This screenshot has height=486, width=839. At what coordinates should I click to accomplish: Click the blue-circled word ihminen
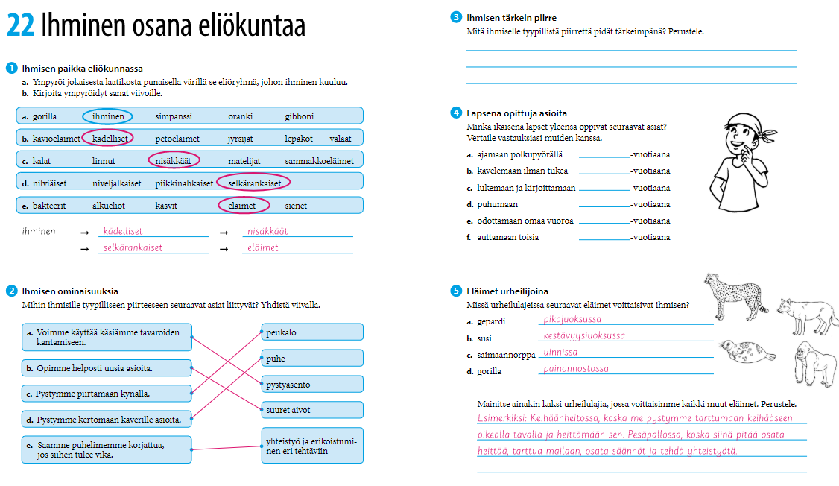click(108, 116)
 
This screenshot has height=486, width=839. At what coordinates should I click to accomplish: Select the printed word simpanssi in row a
click(174, 116)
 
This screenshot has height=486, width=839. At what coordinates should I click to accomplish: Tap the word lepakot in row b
click(299, 138)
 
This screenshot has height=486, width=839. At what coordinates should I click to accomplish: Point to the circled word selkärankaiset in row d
click(254, 183)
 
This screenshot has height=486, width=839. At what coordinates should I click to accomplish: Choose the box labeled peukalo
click(311, 332)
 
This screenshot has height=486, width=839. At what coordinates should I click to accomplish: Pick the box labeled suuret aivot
click(311, 410)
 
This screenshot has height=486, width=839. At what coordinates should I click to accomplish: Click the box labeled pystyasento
click(311, 385)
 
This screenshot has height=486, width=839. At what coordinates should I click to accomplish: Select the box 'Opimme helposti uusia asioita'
click(107, 368)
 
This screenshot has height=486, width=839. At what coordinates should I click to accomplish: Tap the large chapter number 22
click(20, 26)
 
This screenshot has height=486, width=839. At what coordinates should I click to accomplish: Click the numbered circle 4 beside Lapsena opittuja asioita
click(455, 113)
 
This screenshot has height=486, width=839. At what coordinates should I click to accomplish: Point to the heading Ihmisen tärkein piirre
click(511, 18)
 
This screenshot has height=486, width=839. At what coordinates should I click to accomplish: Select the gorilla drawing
click(813, 363)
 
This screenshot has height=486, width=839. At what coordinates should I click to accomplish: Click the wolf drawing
click(807, 314)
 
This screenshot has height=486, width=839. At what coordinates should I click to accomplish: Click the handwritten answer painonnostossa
click(576, 369)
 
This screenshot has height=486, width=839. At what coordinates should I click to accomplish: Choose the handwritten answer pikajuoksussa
click(572, 319)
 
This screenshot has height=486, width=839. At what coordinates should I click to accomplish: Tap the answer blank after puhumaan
click(604, 204)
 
